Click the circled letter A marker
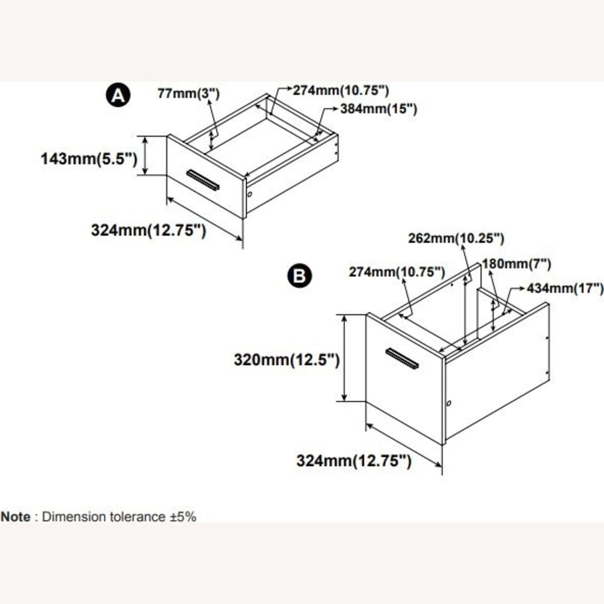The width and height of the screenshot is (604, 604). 118,95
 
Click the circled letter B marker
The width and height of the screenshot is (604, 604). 300,276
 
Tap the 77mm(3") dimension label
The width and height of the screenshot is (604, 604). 188,93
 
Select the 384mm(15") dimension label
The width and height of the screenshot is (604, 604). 379,109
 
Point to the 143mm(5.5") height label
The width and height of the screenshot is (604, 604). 89,158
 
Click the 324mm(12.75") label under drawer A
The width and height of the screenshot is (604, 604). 149,230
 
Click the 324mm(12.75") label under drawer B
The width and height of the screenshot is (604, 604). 354,460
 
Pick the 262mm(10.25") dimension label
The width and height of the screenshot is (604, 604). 456,238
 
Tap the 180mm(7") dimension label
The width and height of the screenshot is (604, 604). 517,264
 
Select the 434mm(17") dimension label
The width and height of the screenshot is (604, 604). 565,288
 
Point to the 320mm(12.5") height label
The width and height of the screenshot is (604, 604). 287,359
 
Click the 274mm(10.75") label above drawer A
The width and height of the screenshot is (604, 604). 341,90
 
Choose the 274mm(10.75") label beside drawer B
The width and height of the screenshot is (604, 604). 397,272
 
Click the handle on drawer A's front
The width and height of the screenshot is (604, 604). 203,180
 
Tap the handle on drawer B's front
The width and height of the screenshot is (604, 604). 402,358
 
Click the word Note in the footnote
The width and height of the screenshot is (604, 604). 15,517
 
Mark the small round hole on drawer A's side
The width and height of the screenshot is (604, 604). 250,194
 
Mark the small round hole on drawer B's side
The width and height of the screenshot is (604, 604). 449,403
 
